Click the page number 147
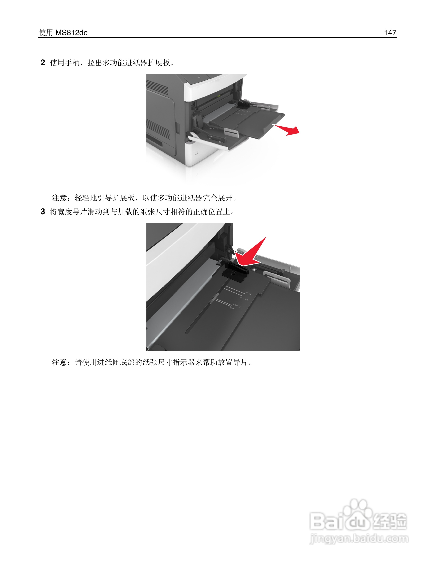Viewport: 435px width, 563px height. [x=390, y=33]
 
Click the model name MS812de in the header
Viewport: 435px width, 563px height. [x=71, y=33]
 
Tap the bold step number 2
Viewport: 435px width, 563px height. [x=43, y=63]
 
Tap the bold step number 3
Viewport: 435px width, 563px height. [x=43, y=212]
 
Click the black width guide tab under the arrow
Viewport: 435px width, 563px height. [x=235, y=273]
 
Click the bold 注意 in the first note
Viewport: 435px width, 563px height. [x=60, y=198]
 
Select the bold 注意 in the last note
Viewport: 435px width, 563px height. [x=60, y=362]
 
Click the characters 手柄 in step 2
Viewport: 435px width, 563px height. [x=72, y=63]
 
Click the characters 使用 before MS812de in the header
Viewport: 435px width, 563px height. [x=46, y=33]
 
